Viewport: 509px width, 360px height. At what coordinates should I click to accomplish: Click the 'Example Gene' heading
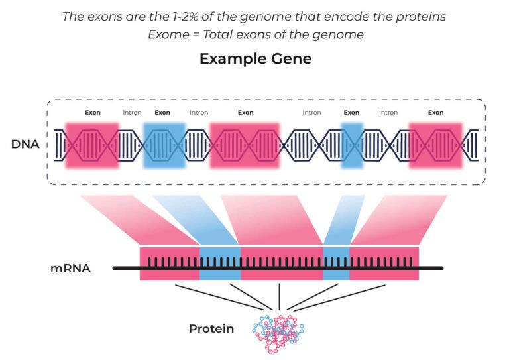[x=255, y=58]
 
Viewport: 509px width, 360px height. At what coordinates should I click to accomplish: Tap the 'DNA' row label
[x=25, y=143]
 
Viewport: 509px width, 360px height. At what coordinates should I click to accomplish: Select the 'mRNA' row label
[x=70, y=269]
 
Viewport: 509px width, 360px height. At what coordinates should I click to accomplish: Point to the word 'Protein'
[x=211, y=328]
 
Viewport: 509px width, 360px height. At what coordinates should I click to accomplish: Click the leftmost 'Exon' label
[x=93, y=113]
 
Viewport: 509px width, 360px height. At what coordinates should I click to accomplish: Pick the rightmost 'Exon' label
[x=435, y=113]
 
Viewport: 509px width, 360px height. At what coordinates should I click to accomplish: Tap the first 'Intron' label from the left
[x=132, y=113]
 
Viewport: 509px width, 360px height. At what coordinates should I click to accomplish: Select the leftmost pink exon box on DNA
[x=92, y=145]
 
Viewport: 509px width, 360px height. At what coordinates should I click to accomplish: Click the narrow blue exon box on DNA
[x=352, y=145]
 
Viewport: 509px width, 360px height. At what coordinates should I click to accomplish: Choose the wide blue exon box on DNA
[x=163, y=145]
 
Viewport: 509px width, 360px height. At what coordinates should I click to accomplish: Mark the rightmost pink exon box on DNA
[x=435, y=145]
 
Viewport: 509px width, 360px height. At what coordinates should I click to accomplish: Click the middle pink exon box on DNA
[x=246, y=145]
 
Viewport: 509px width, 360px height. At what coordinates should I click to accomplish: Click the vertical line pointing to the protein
[x=279, y=296]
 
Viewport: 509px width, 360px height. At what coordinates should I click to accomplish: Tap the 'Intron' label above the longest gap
[x=311, y=113]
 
